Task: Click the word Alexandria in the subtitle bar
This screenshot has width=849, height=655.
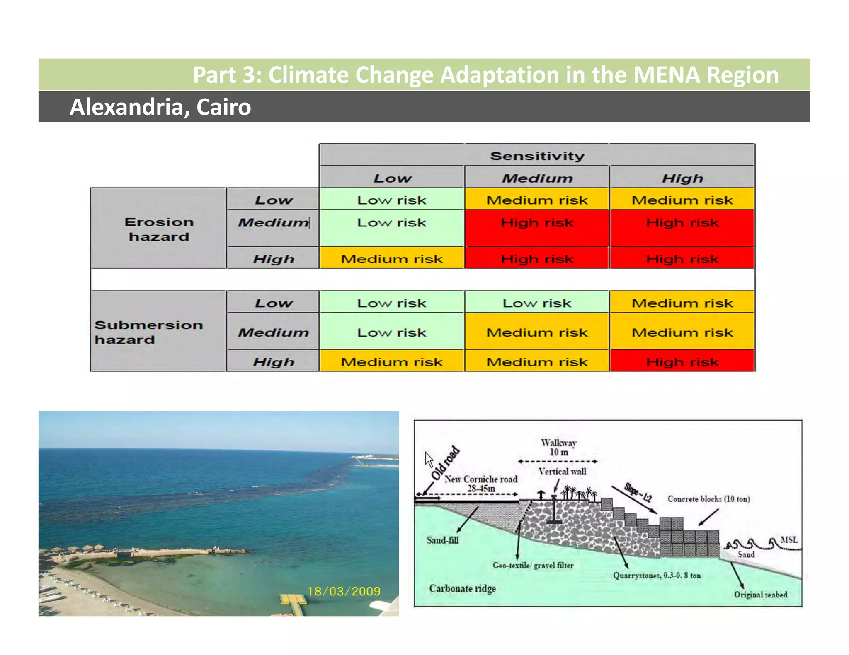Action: pyautogui.click(x=126, y=107)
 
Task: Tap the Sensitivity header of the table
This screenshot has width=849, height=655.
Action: pyautogui.click(x=537, y=156)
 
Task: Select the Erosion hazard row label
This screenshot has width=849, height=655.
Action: pyautogui.click(x=159, y=229)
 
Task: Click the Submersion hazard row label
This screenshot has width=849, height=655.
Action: pyautogui.click(x=148, y=332)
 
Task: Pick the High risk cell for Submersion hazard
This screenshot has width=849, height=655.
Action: pyautogui.click(x=682, y=362)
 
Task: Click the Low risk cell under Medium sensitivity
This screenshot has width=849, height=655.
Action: pyautogui.click(x=537, y=303)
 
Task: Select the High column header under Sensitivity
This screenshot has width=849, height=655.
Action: pyautogui.click(x=682, y=178)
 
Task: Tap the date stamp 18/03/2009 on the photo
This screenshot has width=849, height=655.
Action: pyautogui.click(x=344, y=591)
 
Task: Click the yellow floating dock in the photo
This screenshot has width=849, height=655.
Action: pyautogui.click(x=294, y=600)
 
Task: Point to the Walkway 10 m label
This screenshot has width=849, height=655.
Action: pyautogui.click(x=558, y=448)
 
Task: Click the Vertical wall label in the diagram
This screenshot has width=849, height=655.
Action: pyautogui.click(x=562, y=471)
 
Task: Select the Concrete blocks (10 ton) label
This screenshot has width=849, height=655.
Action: pyautogui.click(x=708, y=499)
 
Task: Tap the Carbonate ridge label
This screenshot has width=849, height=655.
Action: pyautogui.click(x=462, y=588)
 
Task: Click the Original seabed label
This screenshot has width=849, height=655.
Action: pyautogui.click(x=760, y=595)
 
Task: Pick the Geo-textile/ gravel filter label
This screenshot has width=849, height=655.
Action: pyautogui.click(x=533, y=565)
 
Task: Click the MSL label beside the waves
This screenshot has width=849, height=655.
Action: pyautogui.click(x=788, y=539)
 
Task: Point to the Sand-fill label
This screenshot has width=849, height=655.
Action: pyautogui.click(x=442, y=540)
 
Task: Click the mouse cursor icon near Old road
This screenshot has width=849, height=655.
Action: pyautogui.click(x=429, y=459)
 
